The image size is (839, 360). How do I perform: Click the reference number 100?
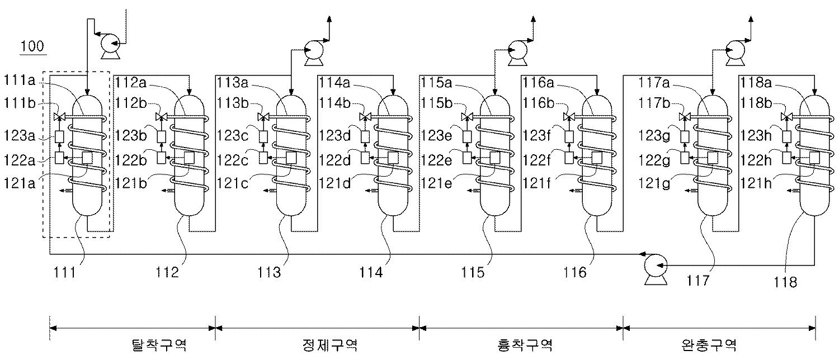tap(32, 46)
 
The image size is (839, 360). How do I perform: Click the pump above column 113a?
tap(313, 52)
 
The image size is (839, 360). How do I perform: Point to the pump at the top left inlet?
tap(109, 44)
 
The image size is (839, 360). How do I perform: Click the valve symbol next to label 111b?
tap(59, 117)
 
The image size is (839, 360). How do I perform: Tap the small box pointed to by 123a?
tap(60, 136)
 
